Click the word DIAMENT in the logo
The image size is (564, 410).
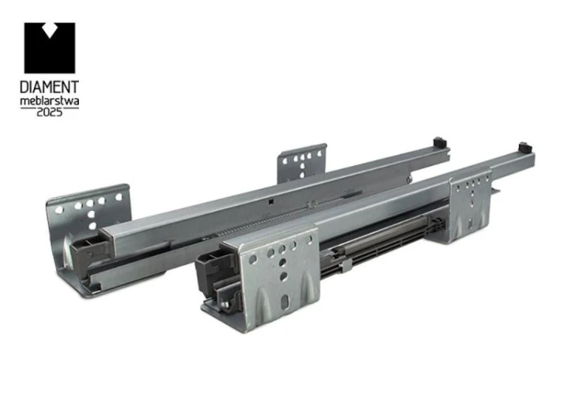click(50, 87)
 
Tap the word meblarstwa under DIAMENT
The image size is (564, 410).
click(50, 101)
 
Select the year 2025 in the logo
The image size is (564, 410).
click(50, 112)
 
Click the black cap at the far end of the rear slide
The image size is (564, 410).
click(440, 142)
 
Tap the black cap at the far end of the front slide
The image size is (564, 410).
click(524, 148)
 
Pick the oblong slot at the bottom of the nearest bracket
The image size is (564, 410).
click(285, 303)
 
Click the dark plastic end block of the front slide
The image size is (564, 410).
click(215, 272)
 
